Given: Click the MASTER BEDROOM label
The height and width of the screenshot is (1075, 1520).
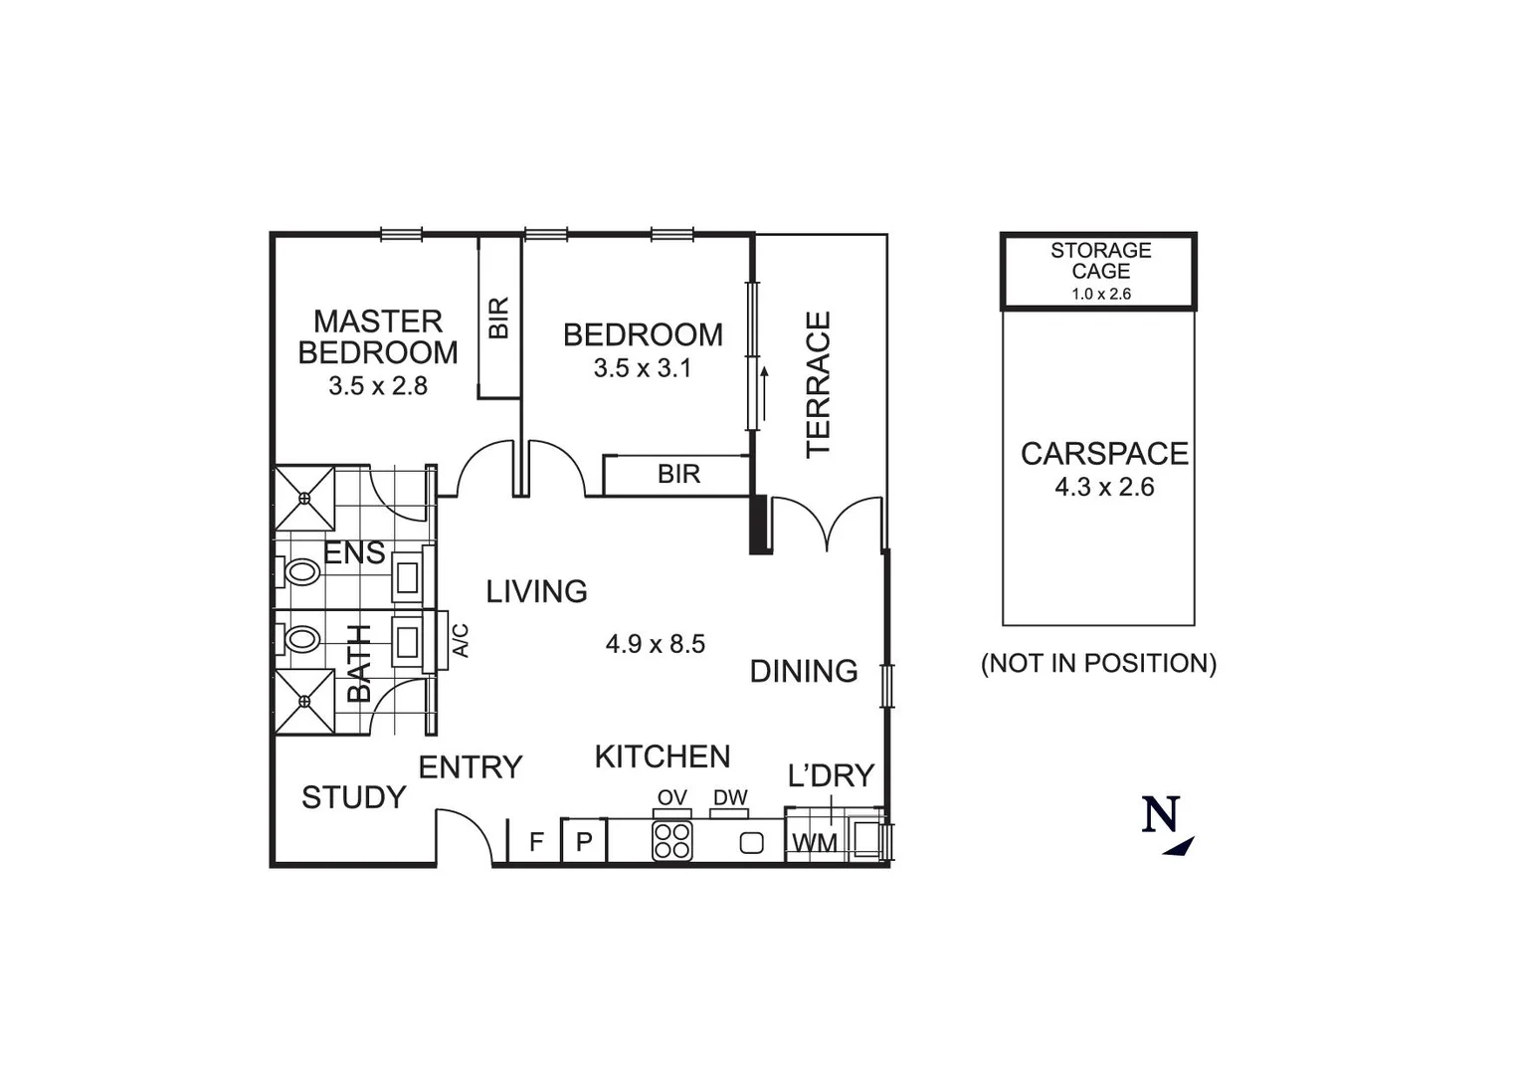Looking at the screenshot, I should point(378,336).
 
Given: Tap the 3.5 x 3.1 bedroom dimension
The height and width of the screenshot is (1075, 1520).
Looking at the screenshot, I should point(642,368).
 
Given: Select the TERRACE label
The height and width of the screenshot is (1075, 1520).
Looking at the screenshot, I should point(818,384).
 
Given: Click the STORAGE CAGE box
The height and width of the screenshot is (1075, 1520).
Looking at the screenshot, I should point(1098,271).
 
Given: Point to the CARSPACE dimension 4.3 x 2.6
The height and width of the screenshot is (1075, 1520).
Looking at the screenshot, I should point(1104,487).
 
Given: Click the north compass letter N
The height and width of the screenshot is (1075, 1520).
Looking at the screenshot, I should point(1160,815).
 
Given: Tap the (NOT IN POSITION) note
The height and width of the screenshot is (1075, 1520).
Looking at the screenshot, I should point(1098,663).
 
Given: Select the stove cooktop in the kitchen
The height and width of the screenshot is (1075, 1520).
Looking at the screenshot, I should point(671,840).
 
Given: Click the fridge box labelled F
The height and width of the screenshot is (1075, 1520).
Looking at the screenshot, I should point(535,842).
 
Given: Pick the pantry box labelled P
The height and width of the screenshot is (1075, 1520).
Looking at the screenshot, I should point(584,842).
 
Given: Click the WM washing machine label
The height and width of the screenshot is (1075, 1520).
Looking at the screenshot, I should point(814,843).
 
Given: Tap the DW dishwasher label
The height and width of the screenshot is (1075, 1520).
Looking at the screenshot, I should point(729,798).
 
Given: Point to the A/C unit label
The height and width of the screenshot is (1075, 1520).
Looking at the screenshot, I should point(460,640).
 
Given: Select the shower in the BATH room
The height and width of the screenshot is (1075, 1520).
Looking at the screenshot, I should point(304,701).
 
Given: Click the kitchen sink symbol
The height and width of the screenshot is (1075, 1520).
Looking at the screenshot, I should point(752,842).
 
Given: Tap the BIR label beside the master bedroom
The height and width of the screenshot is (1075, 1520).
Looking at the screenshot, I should point(499,317).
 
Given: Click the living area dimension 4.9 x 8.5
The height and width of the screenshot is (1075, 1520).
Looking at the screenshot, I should point(655,644).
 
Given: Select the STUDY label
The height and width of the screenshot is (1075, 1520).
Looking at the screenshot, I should point(353,797).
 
